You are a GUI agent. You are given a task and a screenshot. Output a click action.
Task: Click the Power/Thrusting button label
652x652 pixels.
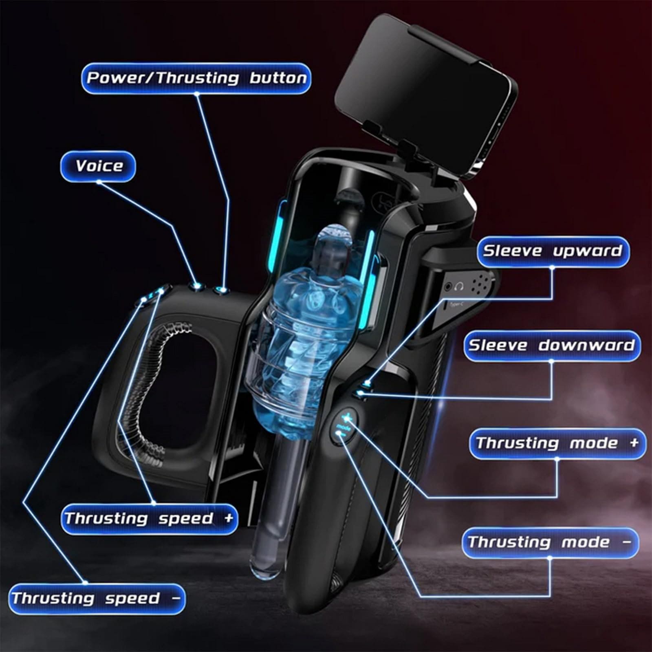[196, 78]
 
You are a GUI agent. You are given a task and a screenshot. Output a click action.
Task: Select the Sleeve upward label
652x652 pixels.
[553, 251]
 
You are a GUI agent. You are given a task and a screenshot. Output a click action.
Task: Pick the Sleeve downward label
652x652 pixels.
[551, 346]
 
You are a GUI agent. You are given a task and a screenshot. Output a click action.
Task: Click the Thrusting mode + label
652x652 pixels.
[557, 443]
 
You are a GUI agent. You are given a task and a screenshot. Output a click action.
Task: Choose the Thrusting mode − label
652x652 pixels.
[549, 542]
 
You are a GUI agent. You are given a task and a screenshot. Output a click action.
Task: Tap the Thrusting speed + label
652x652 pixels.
[149, 519]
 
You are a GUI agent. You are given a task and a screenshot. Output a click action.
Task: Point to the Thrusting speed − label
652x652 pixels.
[96, 599]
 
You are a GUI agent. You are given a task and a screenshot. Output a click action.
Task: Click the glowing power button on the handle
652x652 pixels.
[222, 290]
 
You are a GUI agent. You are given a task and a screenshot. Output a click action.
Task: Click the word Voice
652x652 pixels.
[99, 166]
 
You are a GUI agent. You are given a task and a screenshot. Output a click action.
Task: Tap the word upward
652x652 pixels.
[587, 251]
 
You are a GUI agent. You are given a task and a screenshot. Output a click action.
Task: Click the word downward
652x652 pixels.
[586, 346]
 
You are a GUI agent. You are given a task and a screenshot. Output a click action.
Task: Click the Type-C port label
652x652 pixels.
[454, 304]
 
